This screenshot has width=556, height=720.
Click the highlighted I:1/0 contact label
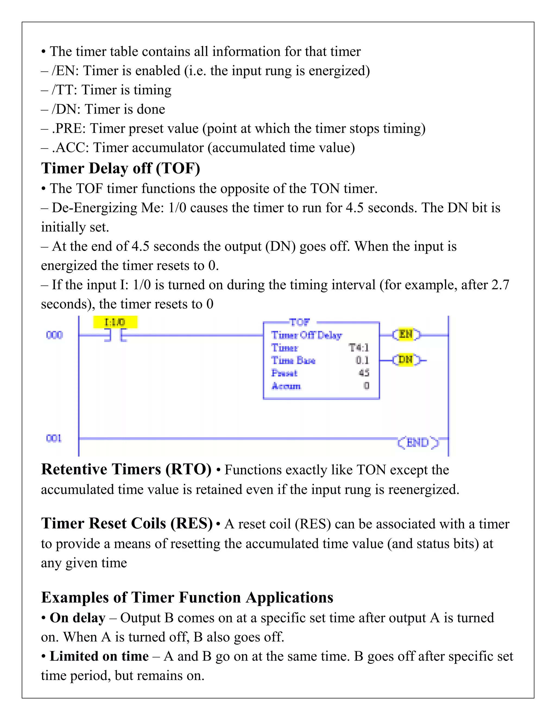click(115, 322)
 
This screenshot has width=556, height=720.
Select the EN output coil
click(406, 335)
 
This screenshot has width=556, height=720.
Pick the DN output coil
click(406, 360)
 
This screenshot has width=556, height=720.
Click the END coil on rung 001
click(418, 442)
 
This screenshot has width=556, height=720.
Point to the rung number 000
click(54, 335)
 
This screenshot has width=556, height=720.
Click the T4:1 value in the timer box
click(359, 348)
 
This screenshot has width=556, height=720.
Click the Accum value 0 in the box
click(366, 386)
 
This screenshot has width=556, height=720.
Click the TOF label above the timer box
click(299, 322)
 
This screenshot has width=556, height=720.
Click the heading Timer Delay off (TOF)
click(121, 168)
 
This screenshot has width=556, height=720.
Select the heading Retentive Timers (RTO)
click(126, 469)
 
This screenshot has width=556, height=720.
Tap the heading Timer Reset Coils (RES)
click(127, 524)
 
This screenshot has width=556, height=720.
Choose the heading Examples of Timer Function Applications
click(187, 597)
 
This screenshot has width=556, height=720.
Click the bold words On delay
click(77, 618)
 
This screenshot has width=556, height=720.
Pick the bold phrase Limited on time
click(99, 656)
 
